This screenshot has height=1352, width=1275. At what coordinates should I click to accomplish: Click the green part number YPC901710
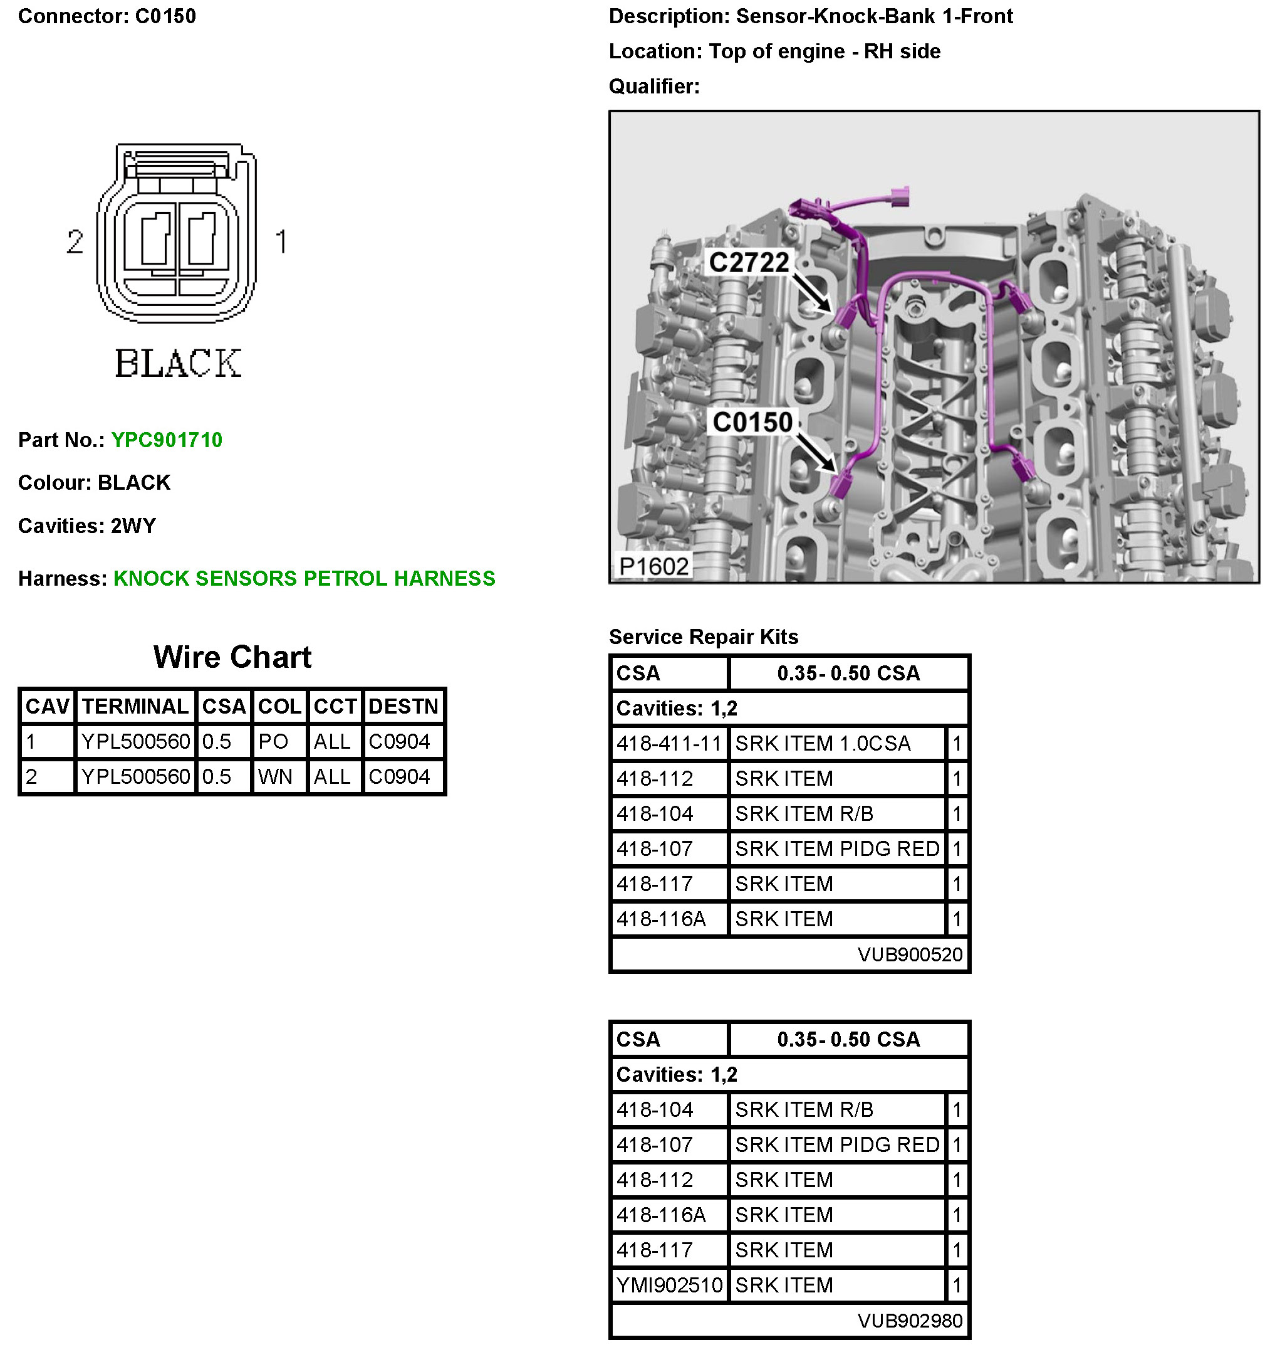point(167,440)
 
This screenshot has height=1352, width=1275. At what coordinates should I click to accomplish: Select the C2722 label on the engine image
point(748,263)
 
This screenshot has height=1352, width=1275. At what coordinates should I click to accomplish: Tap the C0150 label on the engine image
point(752,422)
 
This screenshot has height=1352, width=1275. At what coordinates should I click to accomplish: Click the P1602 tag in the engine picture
point(653,566)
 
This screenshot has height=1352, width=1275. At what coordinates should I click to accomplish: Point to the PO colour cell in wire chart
point(273,741)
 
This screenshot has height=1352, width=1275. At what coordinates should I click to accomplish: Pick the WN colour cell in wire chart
point(274,777)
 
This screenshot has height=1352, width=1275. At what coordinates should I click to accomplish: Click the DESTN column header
point(403,707)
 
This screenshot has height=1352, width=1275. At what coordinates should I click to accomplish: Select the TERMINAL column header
point(135,707)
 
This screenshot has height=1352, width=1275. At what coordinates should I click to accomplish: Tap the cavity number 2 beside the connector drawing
point(75,242)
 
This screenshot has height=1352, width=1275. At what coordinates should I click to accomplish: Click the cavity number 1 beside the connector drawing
point(281,242)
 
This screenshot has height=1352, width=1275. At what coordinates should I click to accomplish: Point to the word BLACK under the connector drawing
point(178,363)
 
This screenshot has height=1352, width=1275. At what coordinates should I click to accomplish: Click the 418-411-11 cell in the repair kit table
point(668,743)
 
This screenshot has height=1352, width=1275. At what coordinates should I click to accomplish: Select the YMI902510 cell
point(669,1285)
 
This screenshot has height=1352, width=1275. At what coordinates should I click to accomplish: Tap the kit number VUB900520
point(909,954)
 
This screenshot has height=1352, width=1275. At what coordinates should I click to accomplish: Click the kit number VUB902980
point(909,1320)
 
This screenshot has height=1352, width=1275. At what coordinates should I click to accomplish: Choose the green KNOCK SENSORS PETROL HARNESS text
point(304,578)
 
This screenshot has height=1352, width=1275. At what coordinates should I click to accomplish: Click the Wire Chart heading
point(232,657)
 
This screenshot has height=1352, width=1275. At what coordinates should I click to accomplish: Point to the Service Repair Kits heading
point(703,636)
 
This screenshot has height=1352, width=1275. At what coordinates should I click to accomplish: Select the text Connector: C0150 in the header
point(107,16)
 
